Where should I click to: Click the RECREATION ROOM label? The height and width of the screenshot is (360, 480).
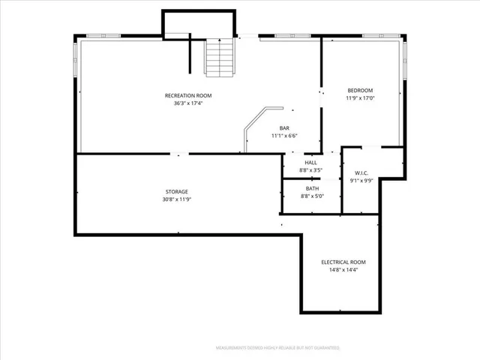click(188, 95)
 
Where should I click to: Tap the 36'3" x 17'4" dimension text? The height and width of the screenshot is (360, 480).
click(188, 103)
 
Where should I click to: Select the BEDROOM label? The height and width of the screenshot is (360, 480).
click(359, 90)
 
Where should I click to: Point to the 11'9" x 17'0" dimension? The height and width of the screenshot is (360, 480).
click(359, 98)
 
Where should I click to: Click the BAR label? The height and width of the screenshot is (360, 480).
click(285, 128)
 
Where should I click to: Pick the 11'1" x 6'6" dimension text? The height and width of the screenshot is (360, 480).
click(285, 136)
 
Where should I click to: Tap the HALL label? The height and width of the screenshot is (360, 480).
click(310, 163)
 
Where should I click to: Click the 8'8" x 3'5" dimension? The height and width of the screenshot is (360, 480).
click(310, 171)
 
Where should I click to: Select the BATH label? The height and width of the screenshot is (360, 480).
click(310, 188)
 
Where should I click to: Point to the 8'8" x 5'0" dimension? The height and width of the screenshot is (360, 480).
click(310, 196)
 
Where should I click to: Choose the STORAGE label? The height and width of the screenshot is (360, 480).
click(177, 191)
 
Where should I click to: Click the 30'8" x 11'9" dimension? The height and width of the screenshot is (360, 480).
click(177, 199)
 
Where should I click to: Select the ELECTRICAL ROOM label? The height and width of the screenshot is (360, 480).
click(343, 262)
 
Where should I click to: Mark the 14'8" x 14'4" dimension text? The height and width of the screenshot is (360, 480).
click(343, 270)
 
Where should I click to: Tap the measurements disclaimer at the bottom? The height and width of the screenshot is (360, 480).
click(277, 348)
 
